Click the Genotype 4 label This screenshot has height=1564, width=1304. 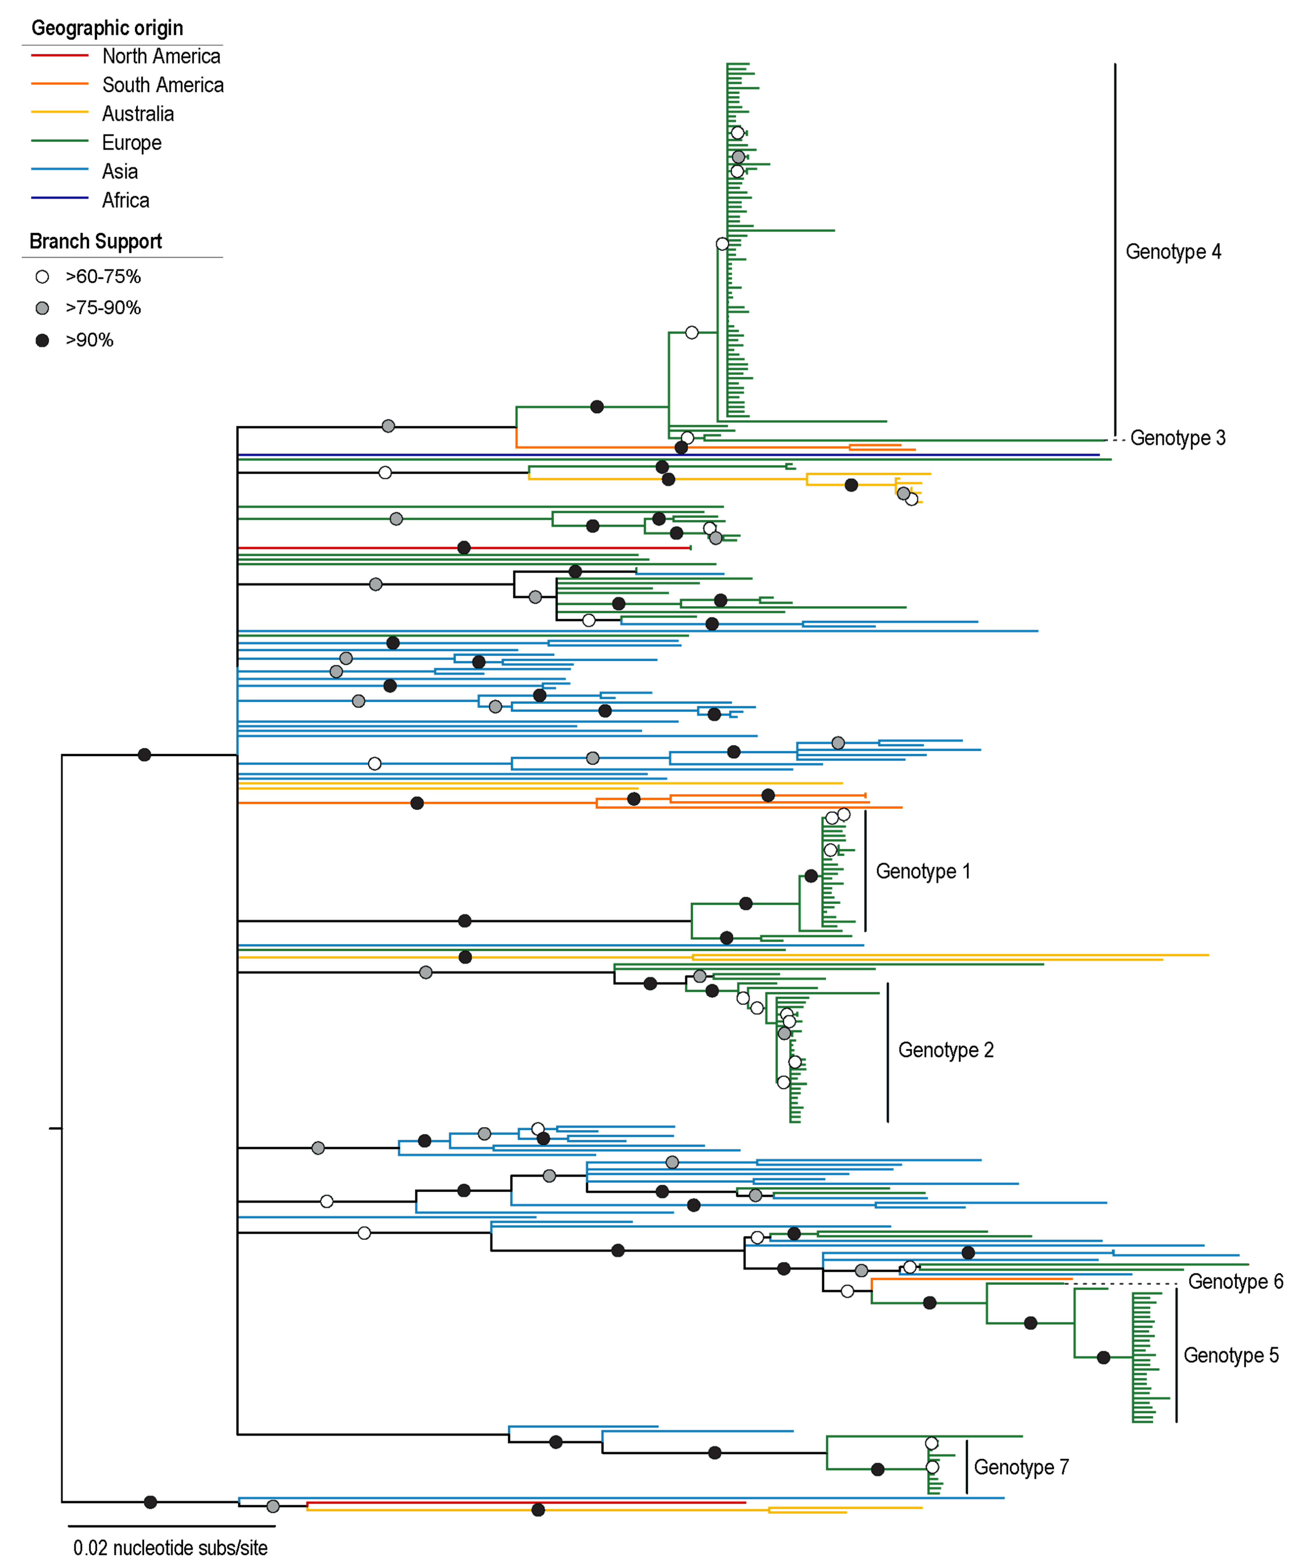pyautogui.click(x=1173, y=252)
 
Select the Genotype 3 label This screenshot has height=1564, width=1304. pyautogui.click(x=1178, y=438)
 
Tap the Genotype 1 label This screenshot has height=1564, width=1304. pyautogui.click(x=923, y=871)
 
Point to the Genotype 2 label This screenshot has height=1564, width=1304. pyautogui.click(x=946, y=1050)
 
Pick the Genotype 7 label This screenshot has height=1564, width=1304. pyautogui.click(x=1021, y=1467)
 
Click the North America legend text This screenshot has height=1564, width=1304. pyautogui.click(x=161, y=57)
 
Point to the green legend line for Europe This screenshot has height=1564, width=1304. pyautogui.click(x=59, y=141)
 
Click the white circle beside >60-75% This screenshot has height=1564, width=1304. pyautogui.click(x=42, y=277)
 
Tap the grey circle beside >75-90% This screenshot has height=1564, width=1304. pyautogui.click(x=42, y=308)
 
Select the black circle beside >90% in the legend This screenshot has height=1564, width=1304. pyautogui.click(x=42, y=340)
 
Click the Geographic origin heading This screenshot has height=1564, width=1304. pyautogui.click(x=107, y=28)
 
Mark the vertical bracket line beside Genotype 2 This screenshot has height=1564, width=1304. pyautogui.click(x=888, y=1052)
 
